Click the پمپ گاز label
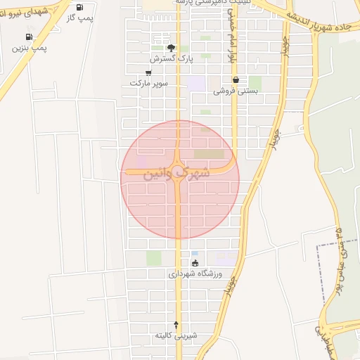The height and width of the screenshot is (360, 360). click(x=80, y=17)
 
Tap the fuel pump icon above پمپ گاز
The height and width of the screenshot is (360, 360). click(x=79, y=6)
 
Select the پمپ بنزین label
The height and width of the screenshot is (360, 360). click(x=30, y=48)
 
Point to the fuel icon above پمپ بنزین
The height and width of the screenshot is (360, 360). click(x=29, y=37)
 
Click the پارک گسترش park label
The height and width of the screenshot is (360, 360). click(x=175, y=58)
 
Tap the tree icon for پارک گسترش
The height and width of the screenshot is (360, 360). click(x=171, y=48)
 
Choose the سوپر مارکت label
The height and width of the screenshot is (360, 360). click(x=148, y=83)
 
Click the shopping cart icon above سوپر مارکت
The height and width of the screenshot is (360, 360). click(x=148, y=72)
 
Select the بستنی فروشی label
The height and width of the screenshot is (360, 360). click(x=237, y=91)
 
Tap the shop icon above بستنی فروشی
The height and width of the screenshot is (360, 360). click(x=236, y=80)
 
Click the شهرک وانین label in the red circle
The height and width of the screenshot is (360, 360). click(x=176, y=172)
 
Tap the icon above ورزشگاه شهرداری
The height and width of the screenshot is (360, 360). click(x=195, y=263)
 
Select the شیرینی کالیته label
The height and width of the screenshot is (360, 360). click(x=176, y=336)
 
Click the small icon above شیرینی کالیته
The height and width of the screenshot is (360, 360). click(x=176, y=325)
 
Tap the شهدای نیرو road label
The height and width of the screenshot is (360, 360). click(x=28, y=12)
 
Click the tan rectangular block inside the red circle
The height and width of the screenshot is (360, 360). click(x=209, y=153)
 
